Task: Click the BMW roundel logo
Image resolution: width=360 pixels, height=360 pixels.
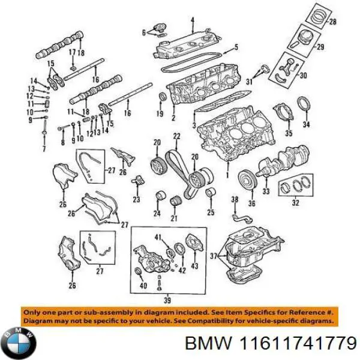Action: pyautogui.click(x=19, y=343)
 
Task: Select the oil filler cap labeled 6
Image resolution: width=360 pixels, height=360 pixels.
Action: pyautogui.click(x=158, y=30)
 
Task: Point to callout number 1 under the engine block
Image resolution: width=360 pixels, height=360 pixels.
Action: pyautogui.click(x=227, y=175)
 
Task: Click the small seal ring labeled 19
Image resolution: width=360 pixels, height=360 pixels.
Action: pyautogui.click(x=160, y=98)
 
